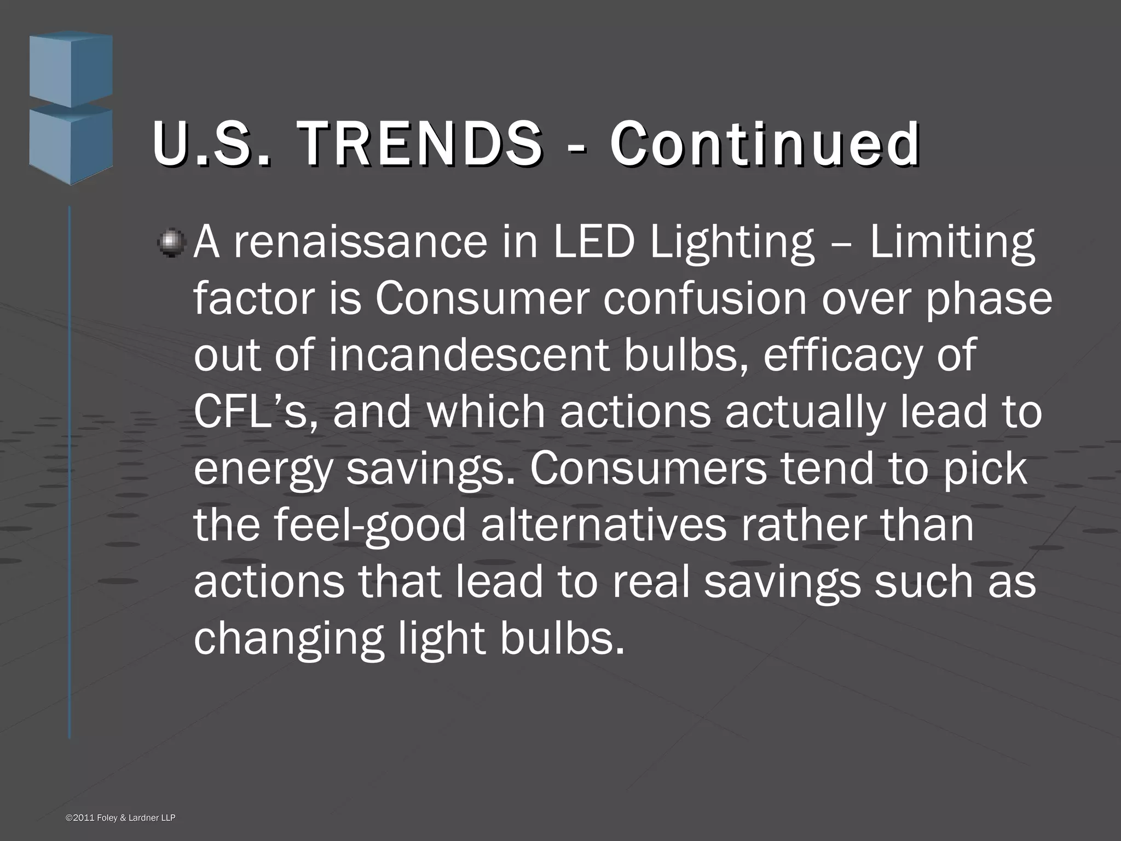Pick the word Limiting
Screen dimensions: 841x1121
(x=952, y=242)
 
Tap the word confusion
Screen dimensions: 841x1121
(x=706, y=299)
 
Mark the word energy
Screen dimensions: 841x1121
(x=263, y=470)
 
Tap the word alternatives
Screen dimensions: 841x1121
(x=603, y=525)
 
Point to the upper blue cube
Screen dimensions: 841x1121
(x=71, y=68)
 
